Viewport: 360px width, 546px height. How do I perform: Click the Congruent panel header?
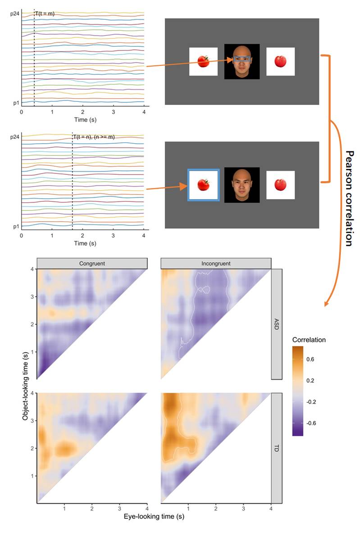pyautogui.click(x=92, y=263)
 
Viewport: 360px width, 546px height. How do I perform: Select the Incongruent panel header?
pyautogui.click(x=216, y=263)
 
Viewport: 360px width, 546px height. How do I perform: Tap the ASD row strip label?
pyautogui.click(x=277, y=325)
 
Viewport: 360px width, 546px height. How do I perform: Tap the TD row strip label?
pyautogui.click(x=277, y=448)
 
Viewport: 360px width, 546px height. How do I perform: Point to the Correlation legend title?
pyautogui.click(x=309, y=340)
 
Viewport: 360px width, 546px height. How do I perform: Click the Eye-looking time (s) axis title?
pyautogui.click(x=154, y=516)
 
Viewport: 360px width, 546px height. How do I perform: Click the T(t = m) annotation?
pyautogui.click(x=45, y=14)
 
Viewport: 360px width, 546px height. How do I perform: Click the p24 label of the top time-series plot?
pyautogui.click(x=15, y=14)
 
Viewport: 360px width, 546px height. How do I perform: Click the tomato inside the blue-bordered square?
pyautogui.click(x=204, y=185)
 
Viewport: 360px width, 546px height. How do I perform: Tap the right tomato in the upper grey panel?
pyautogui.click(x=280, y=62)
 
